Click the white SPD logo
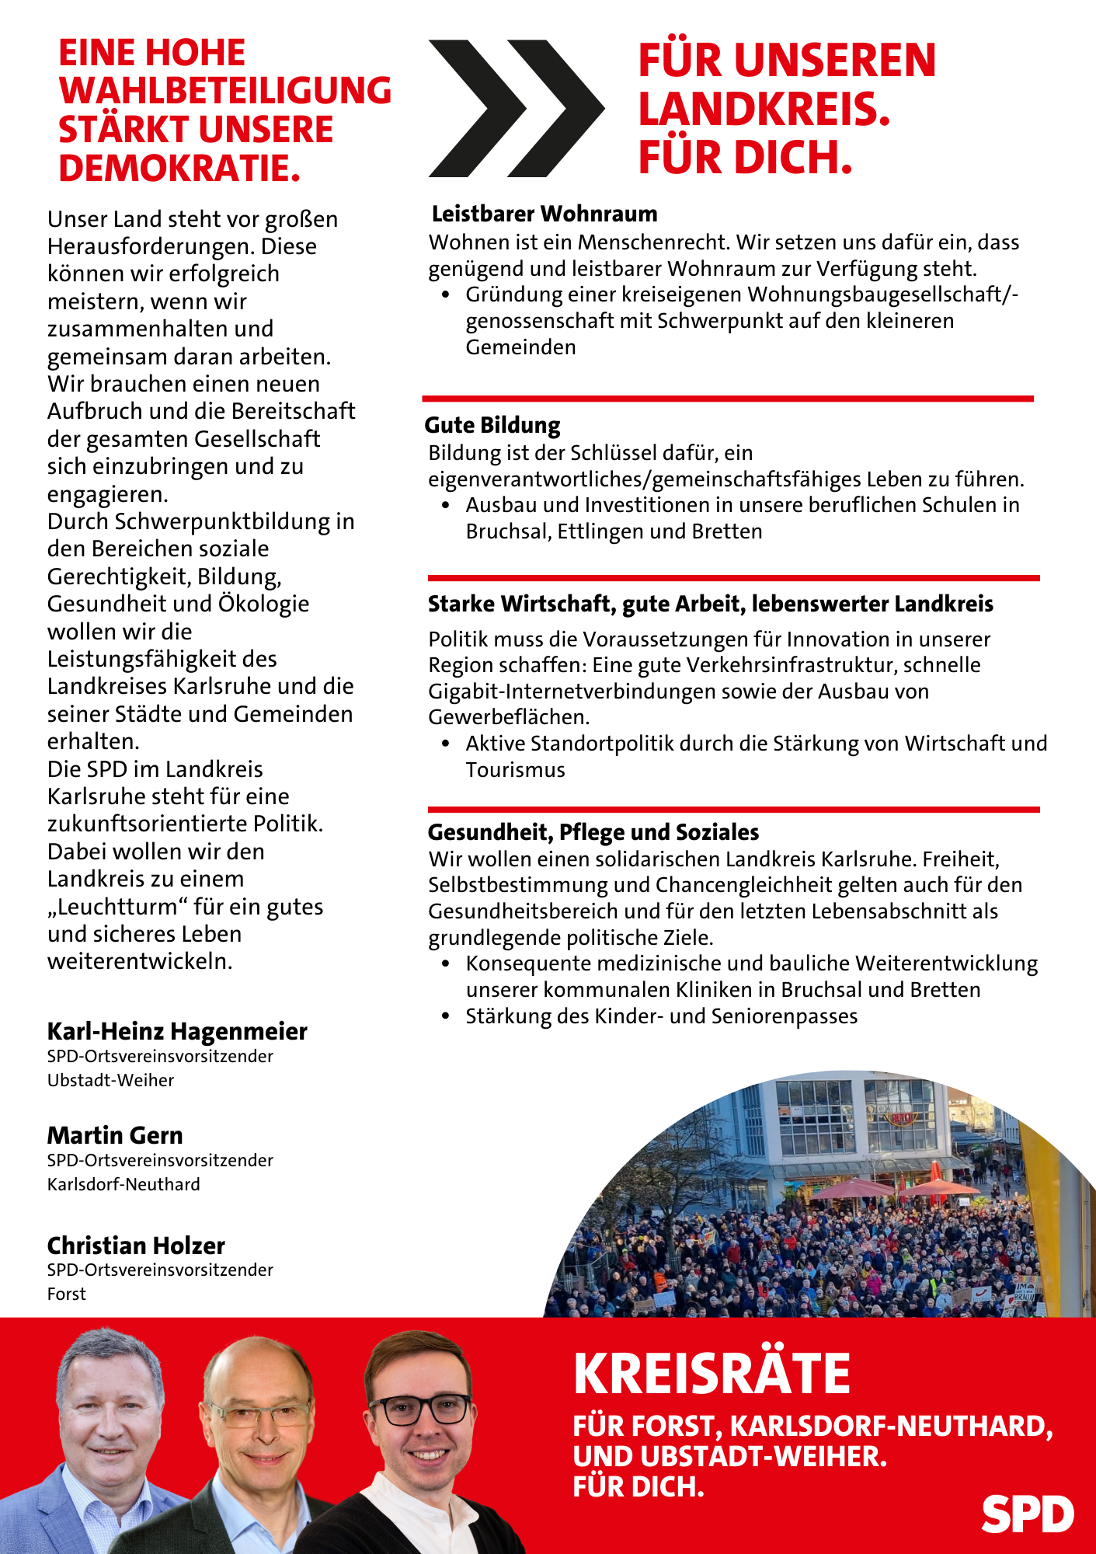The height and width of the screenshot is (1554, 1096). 1027,1514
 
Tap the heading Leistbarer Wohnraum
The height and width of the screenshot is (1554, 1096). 545,214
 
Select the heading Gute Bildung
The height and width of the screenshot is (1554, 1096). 492,425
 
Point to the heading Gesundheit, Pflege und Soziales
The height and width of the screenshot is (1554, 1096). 593,832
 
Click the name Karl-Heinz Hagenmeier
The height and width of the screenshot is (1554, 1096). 177,1031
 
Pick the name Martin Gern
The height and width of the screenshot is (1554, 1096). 115,1135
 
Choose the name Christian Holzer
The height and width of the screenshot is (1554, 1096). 136,1246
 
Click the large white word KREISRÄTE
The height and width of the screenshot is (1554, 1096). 712,1375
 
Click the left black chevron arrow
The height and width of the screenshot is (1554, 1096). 475,108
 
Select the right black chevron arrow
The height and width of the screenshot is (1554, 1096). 556,108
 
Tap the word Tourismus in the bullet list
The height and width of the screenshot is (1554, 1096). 515,770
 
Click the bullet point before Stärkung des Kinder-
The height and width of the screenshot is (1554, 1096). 446,1016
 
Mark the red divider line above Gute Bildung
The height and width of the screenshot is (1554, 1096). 728,399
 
